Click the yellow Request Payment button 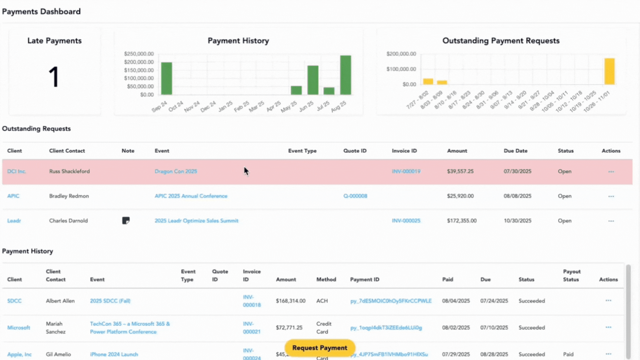click(320, 348)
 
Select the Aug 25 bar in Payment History click(345, 75)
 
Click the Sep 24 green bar click(167, 78)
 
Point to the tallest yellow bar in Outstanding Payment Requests click(609, 71)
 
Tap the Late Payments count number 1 click(54, 77)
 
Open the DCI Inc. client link click(16, 171)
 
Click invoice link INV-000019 click(406, 171)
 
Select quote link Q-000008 click(355, 196)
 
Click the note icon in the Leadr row click(126, 221)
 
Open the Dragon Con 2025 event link click(176, 171)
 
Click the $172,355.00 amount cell click(462, 221)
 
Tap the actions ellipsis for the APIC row click(611, 196)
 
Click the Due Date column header click(515, 151)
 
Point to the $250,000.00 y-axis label click(139, 54)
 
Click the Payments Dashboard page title click(41, 12)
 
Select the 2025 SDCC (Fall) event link click(110, 301)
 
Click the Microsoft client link click(19, 328)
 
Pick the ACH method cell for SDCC click(322, 301)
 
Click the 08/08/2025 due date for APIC click(517, 196)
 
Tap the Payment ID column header click(365, 279)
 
